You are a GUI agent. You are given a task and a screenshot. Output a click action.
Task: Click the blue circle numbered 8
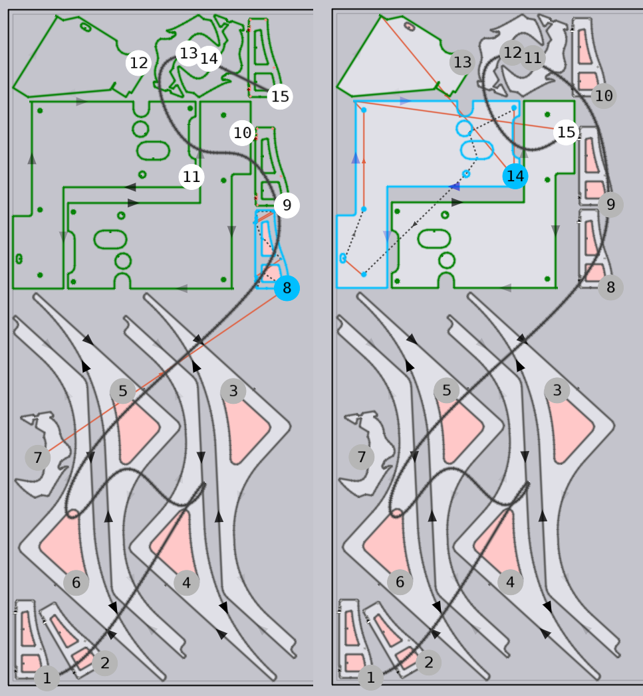pos(287,288)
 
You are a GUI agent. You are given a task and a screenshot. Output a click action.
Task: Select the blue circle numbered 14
pos(515,176)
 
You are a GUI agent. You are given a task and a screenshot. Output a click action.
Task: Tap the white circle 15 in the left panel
pos(280,96)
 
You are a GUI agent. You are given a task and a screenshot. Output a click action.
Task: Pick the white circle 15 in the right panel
pos(566,132)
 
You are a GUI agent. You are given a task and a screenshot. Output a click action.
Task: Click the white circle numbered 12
pos(139,62)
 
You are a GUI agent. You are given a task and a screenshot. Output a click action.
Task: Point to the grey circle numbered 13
pos(462,62)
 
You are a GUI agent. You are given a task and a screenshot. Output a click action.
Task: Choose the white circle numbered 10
pos(242,133)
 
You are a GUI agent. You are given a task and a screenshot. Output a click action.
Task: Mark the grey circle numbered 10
pos(604,96)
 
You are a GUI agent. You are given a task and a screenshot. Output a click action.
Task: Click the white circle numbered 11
pos(192,177)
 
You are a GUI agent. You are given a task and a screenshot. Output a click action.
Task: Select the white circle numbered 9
pos(287,205)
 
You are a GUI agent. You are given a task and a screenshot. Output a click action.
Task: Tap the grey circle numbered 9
pos(610,204)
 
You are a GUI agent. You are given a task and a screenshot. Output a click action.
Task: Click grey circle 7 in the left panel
pos(38,457)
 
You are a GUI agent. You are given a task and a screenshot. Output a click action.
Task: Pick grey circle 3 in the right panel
pos(557,390)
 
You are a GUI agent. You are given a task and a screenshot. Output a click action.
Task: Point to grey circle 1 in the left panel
pos(47,678)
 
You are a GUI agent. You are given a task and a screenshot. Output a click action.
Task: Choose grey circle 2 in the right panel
pos(428,662)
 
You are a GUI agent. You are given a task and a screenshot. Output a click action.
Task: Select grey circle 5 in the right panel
pos(446,390)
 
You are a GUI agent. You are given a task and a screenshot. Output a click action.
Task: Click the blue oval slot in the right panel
pos(477,150)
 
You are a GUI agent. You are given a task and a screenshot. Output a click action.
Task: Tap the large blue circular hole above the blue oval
pos(464,129)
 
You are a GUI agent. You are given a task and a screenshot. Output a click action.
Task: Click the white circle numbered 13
pos(188,53)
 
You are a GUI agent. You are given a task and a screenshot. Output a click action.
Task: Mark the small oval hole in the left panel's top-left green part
pos(85,27)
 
